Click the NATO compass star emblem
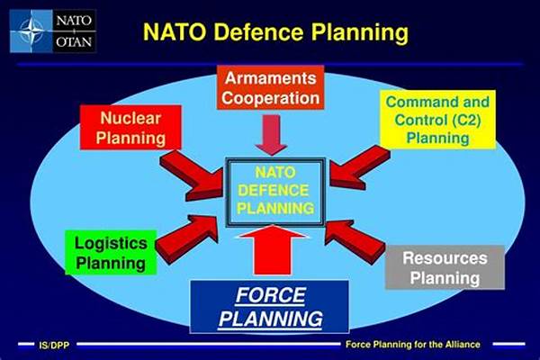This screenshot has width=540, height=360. coord(31,31)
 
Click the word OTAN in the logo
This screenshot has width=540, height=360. coord(74,42)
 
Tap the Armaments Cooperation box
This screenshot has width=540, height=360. coord(271,88)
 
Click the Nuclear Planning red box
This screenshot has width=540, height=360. coord(130,128)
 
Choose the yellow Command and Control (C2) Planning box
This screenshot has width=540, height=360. coord(437,120)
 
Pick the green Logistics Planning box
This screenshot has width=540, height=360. coord(111,253)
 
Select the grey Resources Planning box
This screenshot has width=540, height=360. coord(445,267)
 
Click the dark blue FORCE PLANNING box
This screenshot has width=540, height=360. coord(270,307)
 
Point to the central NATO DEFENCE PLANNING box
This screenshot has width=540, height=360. coord(275,192)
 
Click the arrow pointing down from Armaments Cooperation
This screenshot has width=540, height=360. coord(272,135)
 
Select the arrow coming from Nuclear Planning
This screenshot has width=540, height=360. coord(192,175)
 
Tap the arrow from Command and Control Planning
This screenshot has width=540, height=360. coord(360,167)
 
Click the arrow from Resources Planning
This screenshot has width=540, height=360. coord(355,241)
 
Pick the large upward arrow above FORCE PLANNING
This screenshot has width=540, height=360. coord(273,250)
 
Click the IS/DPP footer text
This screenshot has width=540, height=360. coord(54,346)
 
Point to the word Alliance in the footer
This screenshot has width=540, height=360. coord(463,345)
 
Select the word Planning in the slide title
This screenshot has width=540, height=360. coord(360,33)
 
